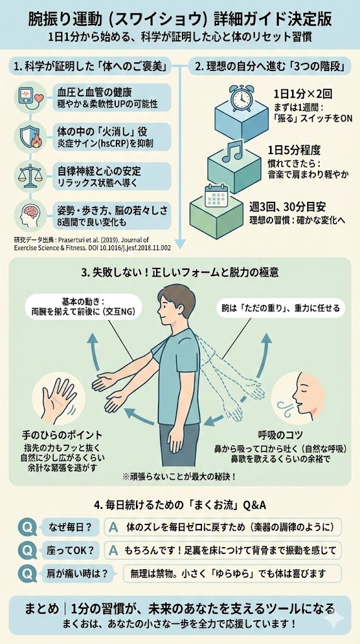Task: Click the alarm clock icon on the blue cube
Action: (241, 98)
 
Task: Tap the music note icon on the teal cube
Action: (232, 151)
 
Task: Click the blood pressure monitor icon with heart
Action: (30, 97)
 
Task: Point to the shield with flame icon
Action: (30, 136)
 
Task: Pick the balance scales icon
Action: (30, 175)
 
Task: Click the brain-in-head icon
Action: (30, 214)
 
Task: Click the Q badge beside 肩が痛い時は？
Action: (28, 574)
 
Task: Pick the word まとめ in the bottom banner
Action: (42, 609)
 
